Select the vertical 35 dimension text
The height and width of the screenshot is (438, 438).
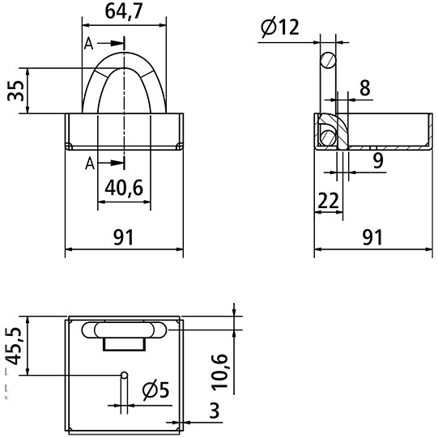click(14, 91)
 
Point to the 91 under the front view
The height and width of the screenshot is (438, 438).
click(123, 237)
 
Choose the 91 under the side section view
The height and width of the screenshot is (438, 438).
click(372, 237)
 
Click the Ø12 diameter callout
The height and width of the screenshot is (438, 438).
click(281, 28)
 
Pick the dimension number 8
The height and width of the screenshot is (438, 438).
click(365, 88)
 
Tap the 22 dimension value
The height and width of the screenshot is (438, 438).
click(328, 200)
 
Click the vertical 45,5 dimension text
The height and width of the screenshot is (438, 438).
click(14, 346)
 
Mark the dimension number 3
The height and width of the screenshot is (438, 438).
click(214, 410)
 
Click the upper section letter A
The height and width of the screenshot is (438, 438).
click(88, 45)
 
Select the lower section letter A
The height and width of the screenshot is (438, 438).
click(88, 164)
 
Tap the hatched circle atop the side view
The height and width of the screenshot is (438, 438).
click(327, 60)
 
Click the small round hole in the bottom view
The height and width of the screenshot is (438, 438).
click(124, 375)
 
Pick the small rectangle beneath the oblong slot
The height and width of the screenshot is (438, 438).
click(125, 344)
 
